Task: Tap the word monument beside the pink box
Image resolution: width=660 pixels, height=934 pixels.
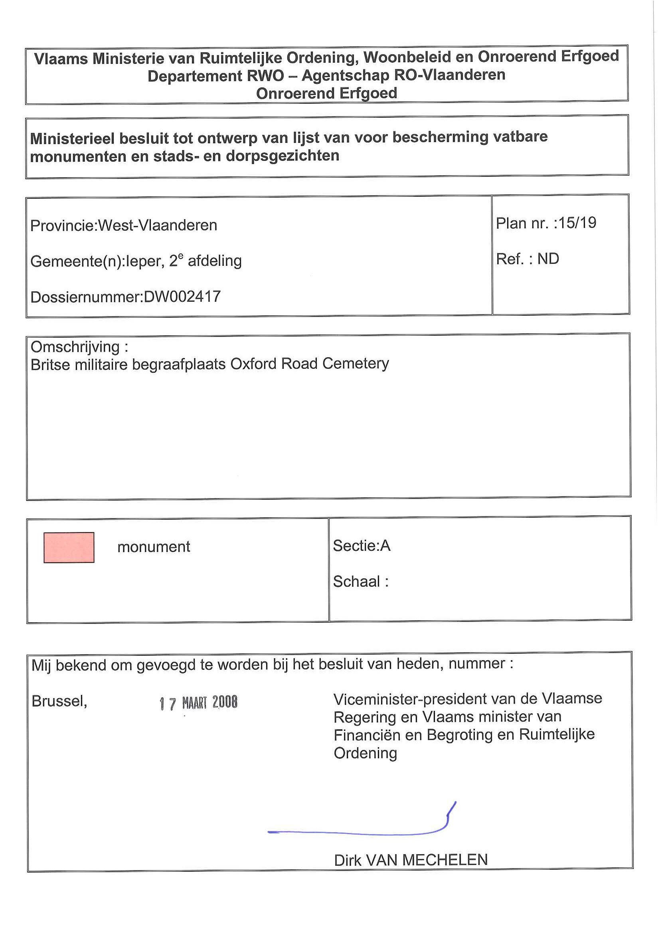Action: click(x=153, y=547)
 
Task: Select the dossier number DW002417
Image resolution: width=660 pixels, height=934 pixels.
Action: click(x=182, y=297)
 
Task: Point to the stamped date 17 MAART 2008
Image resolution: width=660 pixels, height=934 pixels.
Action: click(x=198, y=702)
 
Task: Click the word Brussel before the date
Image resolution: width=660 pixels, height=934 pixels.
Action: click(x=59, y=701)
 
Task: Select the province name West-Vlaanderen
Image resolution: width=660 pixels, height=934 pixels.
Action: click(x=158, y=225)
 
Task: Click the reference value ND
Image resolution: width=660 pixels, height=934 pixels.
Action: click(x=548, y=259)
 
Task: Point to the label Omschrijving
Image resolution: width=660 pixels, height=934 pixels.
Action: click(x=75, y=347)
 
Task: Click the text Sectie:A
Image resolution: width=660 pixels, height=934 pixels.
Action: click(x=362, y=546)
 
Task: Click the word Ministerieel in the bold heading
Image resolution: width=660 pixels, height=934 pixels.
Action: click(x=72, y=139)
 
